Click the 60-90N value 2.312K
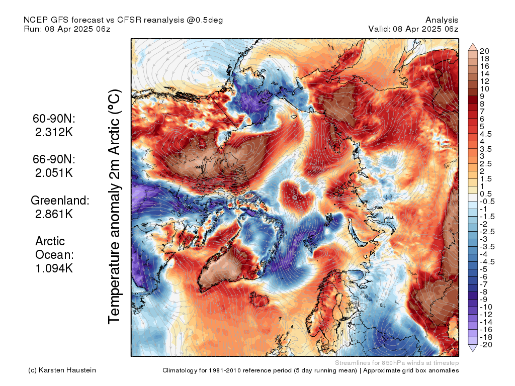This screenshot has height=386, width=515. click(x=54, y=132)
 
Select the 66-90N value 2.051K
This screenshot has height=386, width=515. click(x=54, y=173)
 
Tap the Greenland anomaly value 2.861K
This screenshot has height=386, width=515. click(x=54, y=214)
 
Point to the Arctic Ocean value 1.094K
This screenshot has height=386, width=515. click(x=54, y=268)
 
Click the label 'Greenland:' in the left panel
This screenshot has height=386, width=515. click(x=60, y=200)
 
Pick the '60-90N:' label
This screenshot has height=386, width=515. click(x=54, y=119)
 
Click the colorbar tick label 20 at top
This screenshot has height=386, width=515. click(x=484, y=51)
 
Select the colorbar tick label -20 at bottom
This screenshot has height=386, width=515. click(x=486, y=345)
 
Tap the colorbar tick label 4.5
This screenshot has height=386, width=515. click(x=486, y=134)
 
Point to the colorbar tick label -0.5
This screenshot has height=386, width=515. click(x=487, y=202)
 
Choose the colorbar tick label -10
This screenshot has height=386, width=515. click(x=486, y=307)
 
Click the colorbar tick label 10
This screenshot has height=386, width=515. click(x=484, y=89)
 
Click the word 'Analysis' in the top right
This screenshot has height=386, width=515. click(x=442, y=20)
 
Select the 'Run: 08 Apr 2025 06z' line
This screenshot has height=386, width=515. click(x=67, y=29)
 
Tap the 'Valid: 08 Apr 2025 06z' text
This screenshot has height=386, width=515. click(x=413, y=29)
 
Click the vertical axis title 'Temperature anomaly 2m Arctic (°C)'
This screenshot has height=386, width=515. click(x=114, y=207)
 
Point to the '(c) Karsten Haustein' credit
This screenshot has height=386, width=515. click(x=62, y=370)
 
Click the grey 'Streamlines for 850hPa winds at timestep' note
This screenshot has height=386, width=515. click(x=397, y=363)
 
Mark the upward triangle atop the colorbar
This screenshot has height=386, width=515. click(x=473, y=47)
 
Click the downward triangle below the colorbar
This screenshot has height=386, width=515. click(x=473, y=348)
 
